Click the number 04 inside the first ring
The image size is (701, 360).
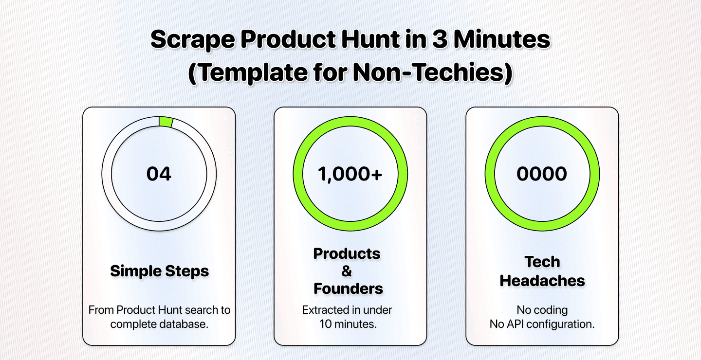pyautogui.click(x=159, y=174)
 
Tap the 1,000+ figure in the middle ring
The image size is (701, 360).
pyautogui.click(x=350, y=174)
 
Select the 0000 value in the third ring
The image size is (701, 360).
pyautogui.click(x=542, y=174)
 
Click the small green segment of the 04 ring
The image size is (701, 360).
pyautogui.click(x=166, y=122)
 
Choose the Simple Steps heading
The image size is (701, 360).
pyautogui.click(x=159, y=271)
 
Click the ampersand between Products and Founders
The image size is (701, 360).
pyautogui.click(x=347, y=271)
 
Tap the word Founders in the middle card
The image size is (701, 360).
pyautogui.click(x=348, y=288)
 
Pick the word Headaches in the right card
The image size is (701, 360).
pyautogui.click(x=542, y=280)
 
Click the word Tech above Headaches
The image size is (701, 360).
pyautogui.click(x=542, y=262)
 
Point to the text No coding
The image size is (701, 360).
pyautogui.click(x=542, y=310)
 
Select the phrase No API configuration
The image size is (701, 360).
pyautogui.click(x=542, y=324)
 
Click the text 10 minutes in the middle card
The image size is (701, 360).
pyautogui.click(x=348, y=324)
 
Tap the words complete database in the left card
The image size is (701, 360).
pyautogui.click(x=159, y=324)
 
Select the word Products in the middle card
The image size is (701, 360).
pyautogui.click(x=347, y=253)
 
